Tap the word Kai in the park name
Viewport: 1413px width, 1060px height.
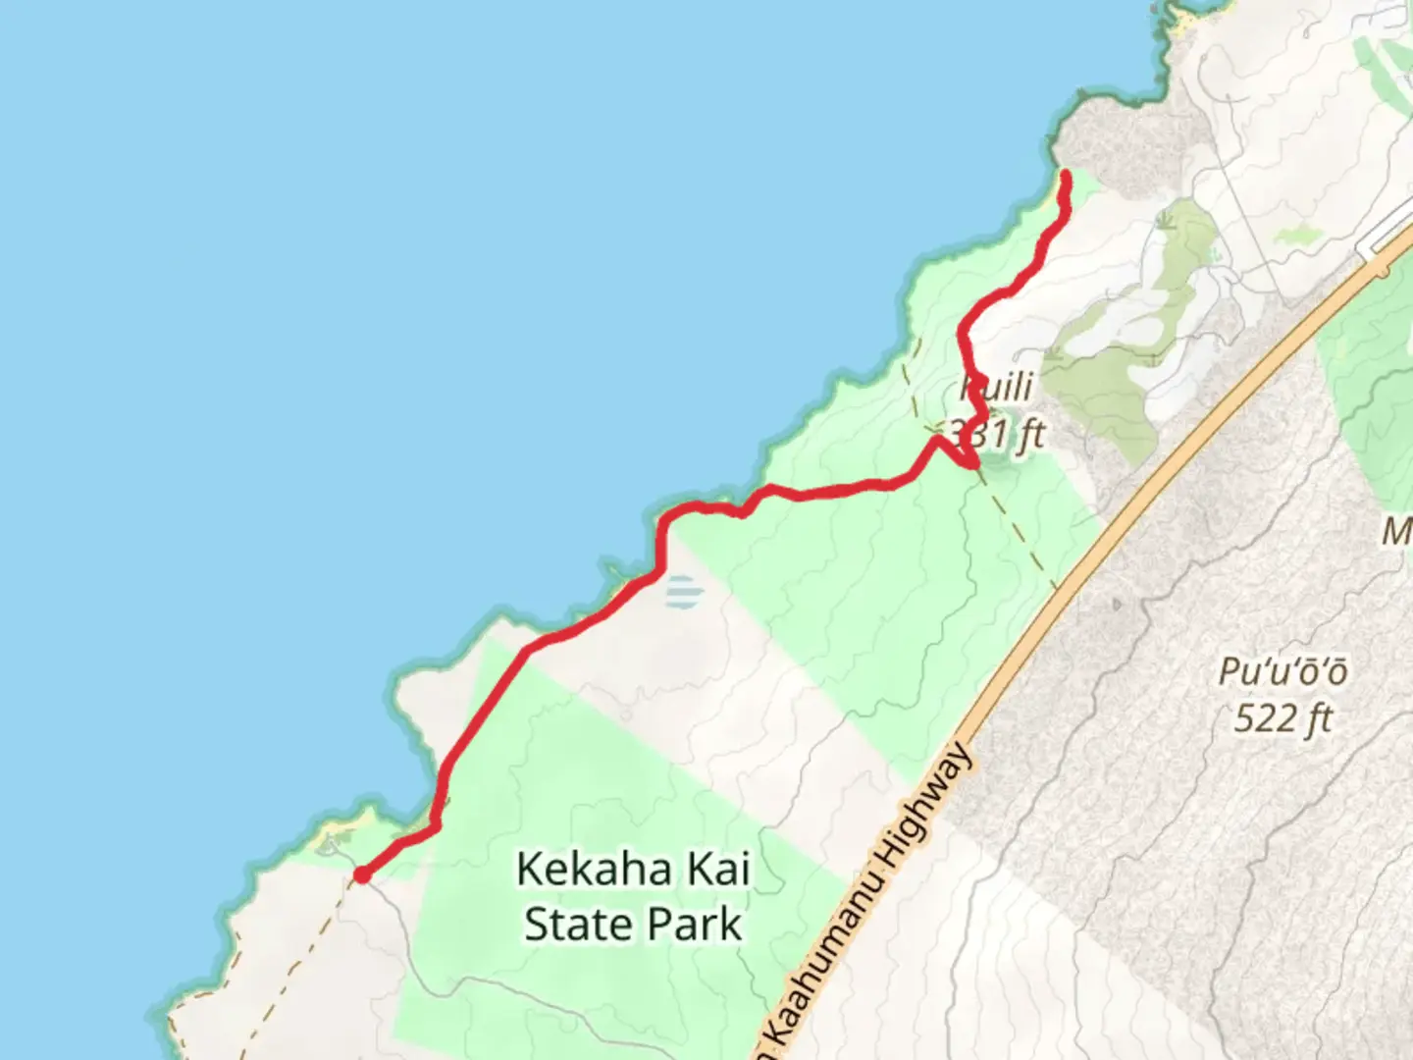pyautogui.click(x=716, y=870)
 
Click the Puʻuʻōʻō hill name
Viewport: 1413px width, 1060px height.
pyautogui.click(x=1282, y=673)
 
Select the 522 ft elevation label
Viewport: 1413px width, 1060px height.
pyautogui.click(x=1282, y=718)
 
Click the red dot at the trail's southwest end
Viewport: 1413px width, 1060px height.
pyautogui.click(x=362, y=874)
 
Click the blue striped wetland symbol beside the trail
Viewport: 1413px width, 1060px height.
pyautogui.click(x=683, y=592)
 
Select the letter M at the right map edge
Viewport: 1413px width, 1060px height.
pyautogui.click(x=1397, y=532)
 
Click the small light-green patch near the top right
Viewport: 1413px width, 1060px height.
pyautogui.click(x=1297, y=236)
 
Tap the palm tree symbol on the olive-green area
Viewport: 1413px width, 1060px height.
pyautogui.click(x=1166, y=218)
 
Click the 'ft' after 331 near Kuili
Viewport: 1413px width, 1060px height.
pyautogui.click(x=1029, y=433)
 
